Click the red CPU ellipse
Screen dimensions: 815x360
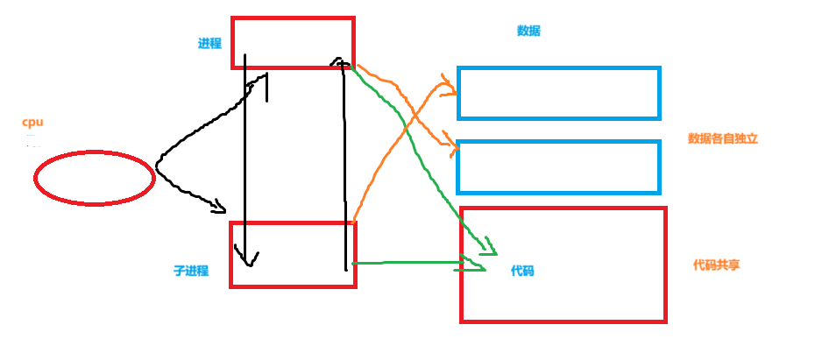pos(95,179)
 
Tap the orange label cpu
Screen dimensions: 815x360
pos(32,123)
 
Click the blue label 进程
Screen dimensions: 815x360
pos(209,44)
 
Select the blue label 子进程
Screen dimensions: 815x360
pos(191,271)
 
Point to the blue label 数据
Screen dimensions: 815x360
pos(528,32)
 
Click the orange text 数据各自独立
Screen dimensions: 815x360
pos(722,138)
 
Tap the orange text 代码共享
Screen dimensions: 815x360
pos(716,265)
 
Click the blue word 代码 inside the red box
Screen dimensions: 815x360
pos(522,272)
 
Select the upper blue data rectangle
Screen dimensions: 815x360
pos(558,93)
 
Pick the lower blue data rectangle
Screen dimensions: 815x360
pos(558,166)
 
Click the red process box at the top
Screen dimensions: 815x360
pos(293,42)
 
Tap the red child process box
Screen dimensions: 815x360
pos(293,254)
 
